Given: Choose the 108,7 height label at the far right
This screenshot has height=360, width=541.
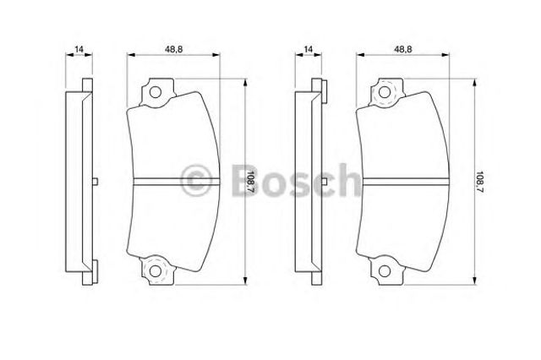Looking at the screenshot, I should click(x=480, y=180).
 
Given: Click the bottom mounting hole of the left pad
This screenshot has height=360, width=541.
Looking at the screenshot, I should click(x=156, y=270).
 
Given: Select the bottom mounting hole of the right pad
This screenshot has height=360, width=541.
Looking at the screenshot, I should click(x=385, y=270).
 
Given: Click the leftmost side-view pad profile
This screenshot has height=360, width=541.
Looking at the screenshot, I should click(x=79, y=182).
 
